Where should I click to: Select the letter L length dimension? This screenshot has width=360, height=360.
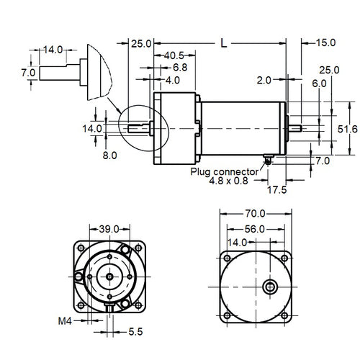coord(223,44)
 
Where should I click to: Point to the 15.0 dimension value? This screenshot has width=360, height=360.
coord(325,43)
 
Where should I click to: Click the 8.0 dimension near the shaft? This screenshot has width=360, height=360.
coord(108,154)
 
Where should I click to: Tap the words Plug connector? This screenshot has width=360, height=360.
coord(225,172)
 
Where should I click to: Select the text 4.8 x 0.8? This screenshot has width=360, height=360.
coord(228,182)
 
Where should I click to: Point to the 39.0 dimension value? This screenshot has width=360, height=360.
coord(109,229)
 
